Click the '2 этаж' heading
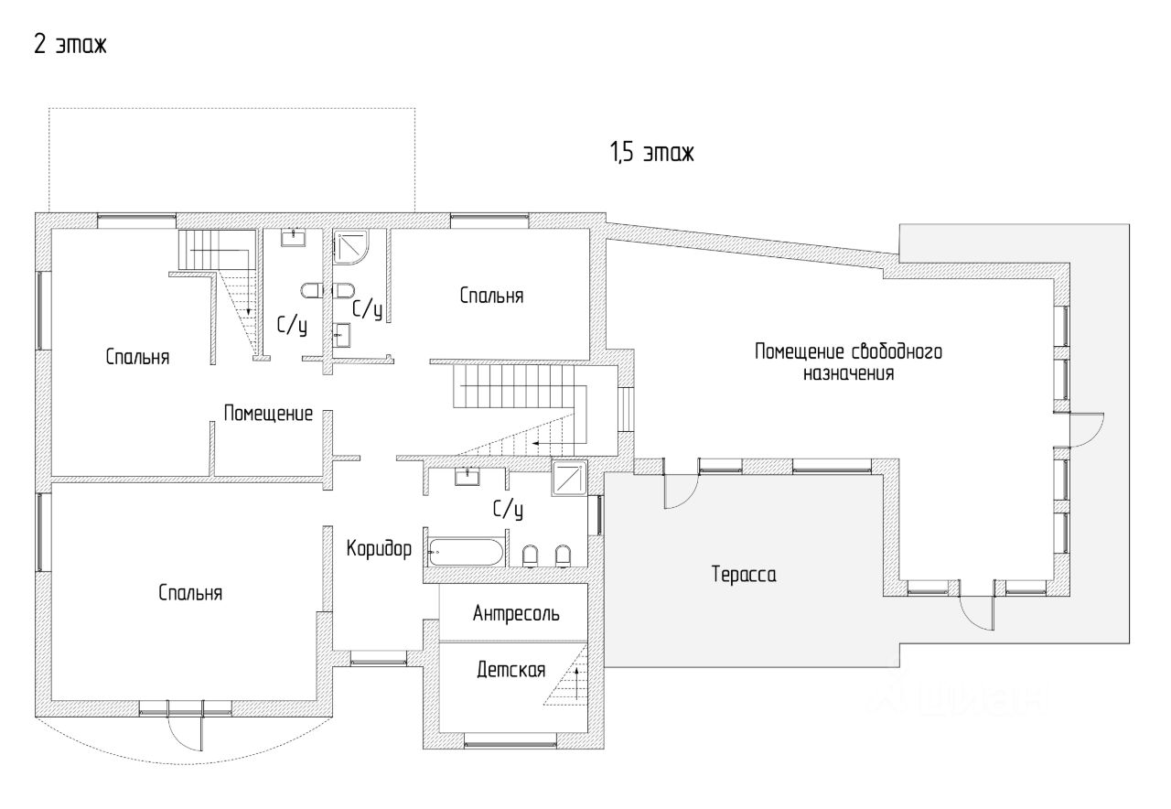[70, 45]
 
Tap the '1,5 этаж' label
[651, 153]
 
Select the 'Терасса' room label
[744, 575]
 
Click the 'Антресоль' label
[516, 614]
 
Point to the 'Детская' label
[510, 671]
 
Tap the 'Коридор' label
[380, 548]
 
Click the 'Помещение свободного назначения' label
[848, 362]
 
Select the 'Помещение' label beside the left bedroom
[268, 414]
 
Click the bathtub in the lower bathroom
[467, 552]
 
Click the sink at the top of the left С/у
[295, 237]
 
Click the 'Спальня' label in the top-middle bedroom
[491, 296]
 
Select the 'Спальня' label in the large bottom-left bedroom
[190, 593]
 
